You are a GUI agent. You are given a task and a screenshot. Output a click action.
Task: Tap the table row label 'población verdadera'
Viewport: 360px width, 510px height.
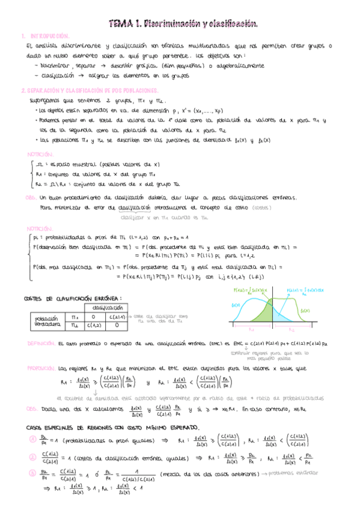pos(46,321)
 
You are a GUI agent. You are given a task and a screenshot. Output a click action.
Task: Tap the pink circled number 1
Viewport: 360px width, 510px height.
pos(33,439)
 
